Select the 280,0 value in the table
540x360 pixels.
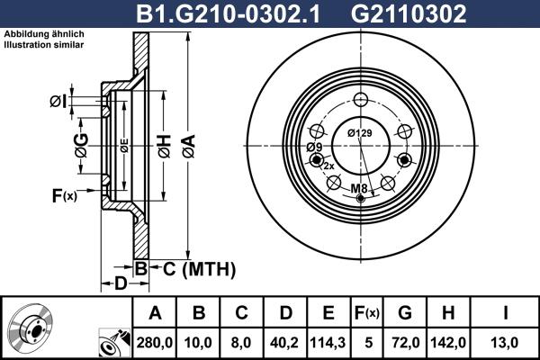pyautogui.click(x=155, y=341)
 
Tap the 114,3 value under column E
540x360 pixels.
pyautogui.click(x=328, y=341)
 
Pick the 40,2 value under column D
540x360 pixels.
pyautogui.click(x=284, y=341)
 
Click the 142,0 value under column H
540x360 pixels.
pyautogui.click(x=450, y=341)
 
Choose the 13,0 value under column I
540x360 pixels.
pyautogui.click(x=506, y=341)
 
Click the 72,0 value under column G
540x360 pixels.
pyautogui.click(x=406, y=341)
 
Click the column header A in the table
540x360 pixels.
pyautogui.click(x=155, y=313)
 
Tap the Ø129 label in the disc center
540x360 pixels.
pyautogui.click(x=359, y=134)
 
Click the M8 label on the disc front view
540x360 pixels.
pyautogui.click(x=358, y=188)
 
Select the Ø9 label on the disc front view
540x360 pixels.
pyautogui.click(x=314, y=147)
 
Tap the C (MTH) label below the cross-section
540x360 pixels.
pyautogui.click(x=194, y=268)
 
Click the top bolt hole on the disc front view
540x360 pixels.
pyautogui.click(x=360, y=100)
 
